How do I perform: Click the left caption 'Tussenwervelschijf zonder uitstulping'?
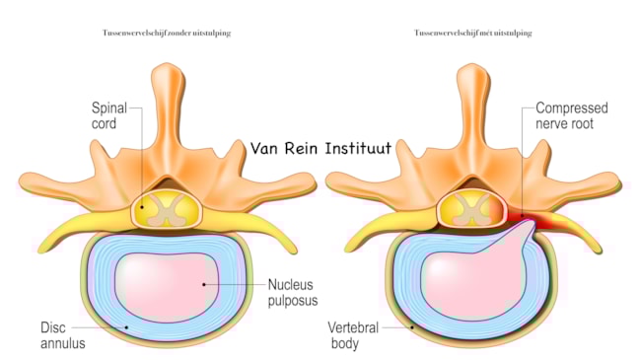(x=167, y=34)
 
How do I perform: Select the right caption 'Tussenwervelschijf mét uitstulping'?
(x=473, y=34)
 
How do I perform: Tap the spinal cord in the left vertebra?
(x=162, y=209)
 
